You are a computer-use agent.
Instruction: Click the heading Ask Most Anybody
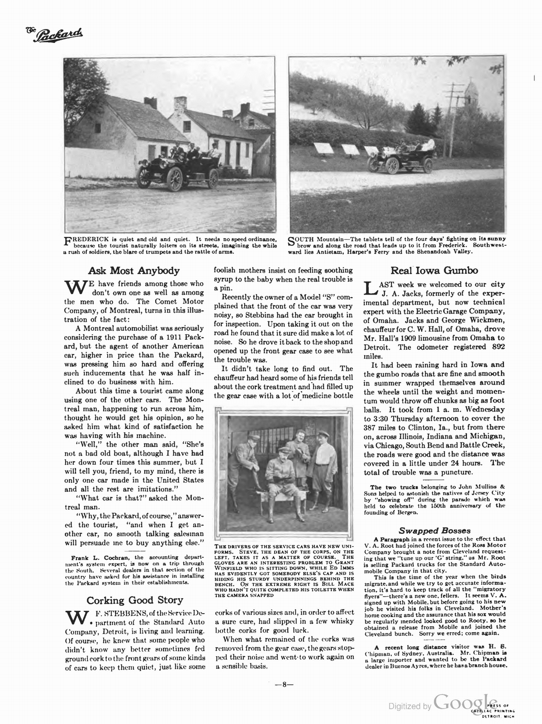click(134, 271)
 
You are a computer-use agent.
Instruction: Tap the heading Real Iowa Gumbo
click(434, 271)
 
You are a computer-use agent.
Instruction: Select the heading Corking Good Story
click(134, 600)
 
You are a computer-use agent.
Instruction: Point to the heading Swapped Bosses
click(434, 530)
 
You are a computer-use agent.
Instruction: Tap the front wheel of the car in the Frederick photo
click(175, 179)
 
